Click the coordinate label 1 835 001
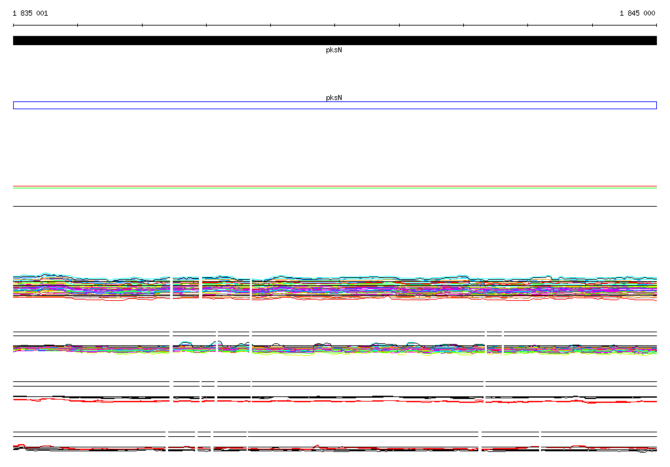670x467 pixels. click(30, 13)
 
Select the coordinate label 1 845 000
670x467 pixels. click(637, 13)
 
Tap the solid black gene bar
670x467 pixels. click(335, 41)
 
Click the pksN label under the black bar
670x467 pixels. click(334, 50)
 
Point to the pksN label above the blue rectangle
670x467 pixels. click(334, 97)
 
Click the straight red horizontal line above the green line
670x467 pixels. click(335, 186)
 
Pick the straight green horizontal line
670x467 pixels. click(335, 188)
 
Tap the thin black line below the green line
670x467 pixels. click(335, 207)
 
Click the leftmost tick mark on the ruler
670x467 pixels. click(13, 26)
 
